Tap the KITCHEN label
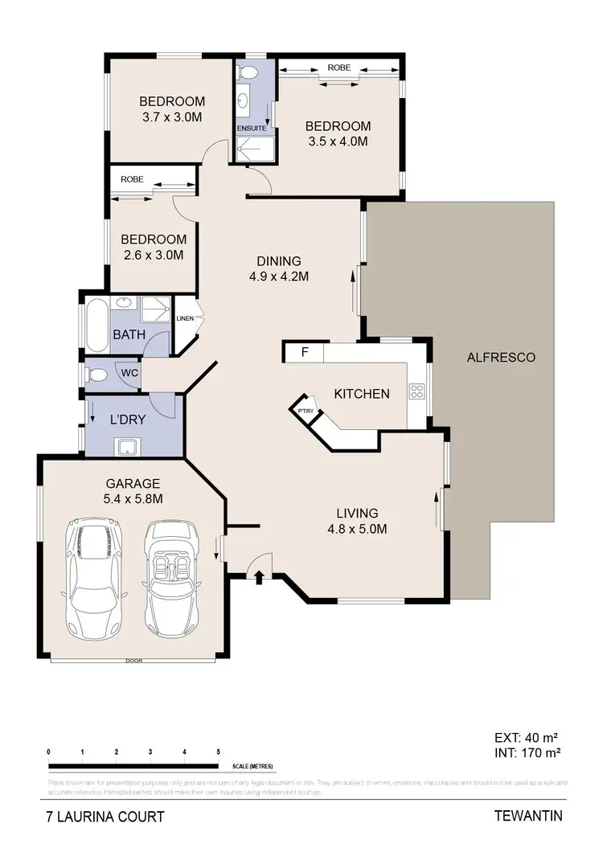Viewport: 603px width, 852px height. click(362, 394)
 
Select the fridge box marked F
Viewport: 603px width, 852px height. click(304, 352)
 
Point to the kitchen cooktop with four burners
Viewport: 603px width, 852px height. click(417, 392)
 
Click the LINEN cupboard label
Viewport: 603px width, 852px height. click(185, 318)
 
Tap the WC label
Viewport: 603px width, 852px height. click(129, 373)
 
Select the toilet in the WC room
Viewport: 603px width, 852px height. click(98, 375)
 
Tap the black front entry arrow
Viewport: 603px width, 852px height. click(258, 576)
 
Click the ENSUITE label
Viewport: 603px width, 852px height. click(251, 128)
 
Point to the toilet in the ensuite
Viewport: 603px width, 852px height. click(248, 73)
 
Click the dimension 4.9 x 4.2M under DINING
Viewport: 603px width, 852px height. click(278, 276)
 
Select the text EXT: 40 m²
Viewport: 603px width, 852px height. click(526, 736)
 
